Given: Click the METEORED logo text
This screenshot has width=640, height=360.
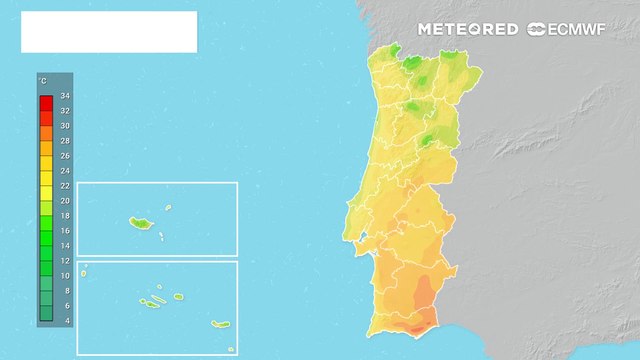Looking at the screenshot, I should [468, 29].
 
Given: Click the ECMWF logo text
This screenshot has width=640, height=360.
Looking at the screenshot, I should [569, 29].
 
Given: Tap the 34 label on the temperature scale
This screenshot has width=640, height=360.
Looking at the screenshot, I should [65, 96].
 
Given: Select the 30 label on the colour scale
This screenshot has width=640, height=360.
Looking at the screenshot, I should [65, 126].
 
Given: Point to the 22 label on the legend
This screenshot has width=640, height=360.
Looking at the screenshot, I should [65, 185].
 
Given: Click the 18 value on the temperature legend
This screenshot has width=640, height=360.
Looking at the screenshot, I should [65, 215].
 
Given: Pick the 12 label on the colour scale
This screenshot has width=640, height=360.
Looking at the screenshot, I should [65, 260].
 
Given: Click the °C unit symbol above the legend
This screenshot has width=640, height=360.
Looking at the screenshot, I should [42, 79].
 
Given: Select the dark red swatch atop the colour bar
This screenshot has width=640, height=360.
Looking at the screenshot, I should [46, 102].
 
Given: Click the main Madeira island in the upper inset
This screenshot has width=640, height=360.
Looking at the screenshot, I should [137, 222].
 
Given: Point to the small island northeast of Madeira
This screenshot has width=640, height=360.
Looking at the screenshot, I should [168, 209].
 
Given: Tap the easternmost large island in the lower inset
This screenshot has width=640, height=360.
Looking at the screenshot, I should [219, 324].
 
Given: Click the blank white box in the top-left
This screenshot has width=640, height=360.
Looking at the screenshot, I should [109, 32].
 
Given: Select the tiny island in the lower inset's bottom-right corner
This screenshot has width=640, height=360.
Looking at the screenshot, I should [230, 349].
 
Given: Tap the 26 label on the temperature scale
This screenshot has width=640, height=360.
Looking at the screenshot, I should [65, 155].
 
